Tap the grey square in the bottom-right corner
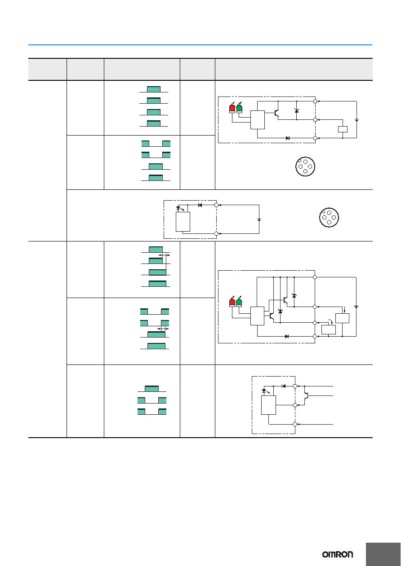click(383, 554)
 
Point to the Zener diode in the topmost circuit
click(297, 111)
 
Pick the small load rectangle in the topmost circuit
click(343, 129)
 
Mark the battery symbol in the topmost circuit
click(356, 120)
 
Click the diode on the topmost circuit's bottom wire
click(287, 138)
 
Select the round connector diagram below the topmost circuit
click(305, 167)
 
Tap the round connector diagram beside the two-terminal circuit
click(329, 218)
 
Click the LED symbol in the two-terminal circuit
click(178, 208)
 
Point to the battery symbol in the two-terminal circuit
click(259, 219)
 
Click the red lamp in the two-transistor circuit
click(232, 302)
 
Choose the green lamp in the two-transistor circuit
click(239, 302)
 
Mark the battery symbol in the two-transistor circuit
click(356, 307)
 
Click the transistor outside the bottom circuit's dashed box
click(306, 396)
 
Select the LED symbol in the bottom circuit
click(265, 391)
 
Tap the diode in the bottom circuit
click(284, 386)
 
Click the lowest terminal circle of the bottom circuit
click(295, 424)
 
